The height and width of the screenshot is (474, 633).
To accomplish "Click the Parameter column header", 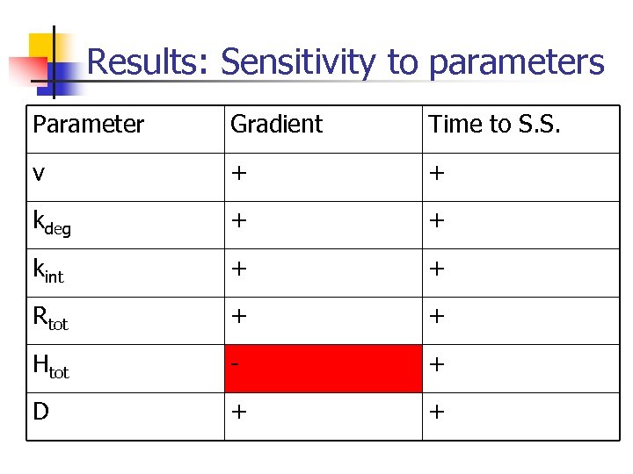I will tap(88, 125).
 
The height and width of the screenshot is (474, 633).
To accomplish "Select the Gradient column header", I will tap(276, 125).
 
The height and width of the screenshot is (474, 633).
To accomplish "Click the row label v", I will tap(39, 173).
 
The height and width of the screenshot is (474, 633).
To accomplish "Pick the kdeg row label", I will tap(51, 223).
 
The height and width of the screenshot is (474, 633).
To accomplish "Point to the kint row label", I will tap(49, 270).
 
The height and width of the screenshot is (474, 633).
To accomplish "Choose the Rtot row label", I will tap(50, 319).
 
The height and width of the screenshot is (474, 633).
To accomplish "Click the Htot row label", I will tap(51, 367).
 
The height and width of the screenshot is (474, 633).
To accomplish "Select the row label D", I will tap(40, 412).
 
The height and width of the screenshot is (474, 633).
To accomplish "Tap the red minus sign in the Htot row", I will tap(236, 366).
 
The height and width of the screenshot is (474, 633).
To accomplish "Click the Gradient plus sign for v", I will tap(237, 174).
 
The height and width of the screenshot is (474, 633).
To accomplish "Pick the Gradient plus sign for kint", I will tap(237, 270).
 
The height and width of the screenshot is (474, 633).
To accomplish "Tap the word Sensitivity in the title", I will tap(299, 62).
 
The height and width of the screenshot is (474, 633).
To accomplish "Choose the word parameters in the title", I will tap(517, 62).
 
